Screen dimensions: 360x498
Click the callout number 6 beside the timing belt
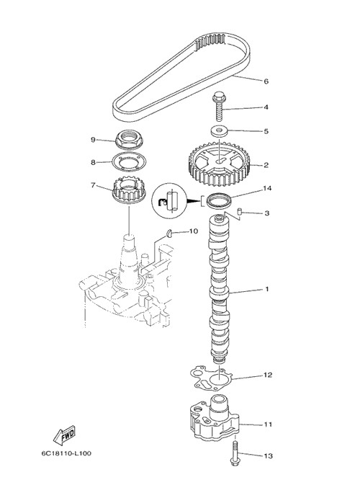[266, 81]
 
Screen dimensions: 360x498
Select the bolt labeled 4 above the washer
[220, 106]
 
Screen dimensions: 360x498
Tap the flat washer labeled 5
[220, 131]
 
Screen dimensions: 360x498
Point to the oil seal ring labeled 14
[219, 201]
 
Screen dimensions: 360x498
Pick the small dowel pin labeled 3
[240, 211]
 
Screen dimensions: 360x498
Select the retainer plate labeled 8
[127, 162]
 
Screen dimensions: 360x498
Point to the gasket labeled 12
[211, 378]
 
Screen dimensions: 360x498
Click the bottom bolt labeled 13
[235, 454]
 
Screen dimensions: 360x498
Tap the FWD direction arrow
[64, 435]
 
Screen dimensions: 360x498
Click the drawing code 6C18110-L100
[66, 453]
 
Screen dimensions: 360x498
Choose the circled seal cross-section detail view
[170, 201]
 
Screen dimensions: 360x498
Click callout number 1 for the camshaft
[266, 289]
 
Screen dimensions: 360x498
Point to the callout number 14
[267, 188]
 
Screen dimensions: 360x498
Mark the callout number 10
[194, 231]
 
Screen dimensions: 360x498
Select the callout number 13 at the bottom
[269, 455]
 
